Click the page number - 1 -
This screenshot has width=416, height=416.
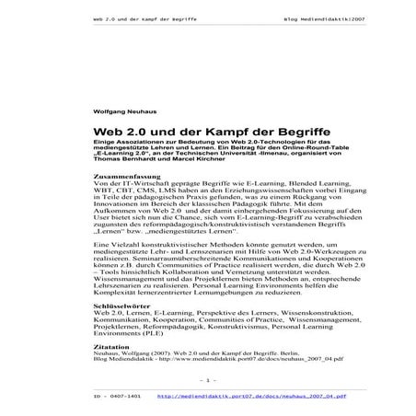[207, 379]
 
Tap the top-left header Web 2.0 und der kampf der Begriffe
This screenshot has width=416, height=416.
[146, 17]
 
